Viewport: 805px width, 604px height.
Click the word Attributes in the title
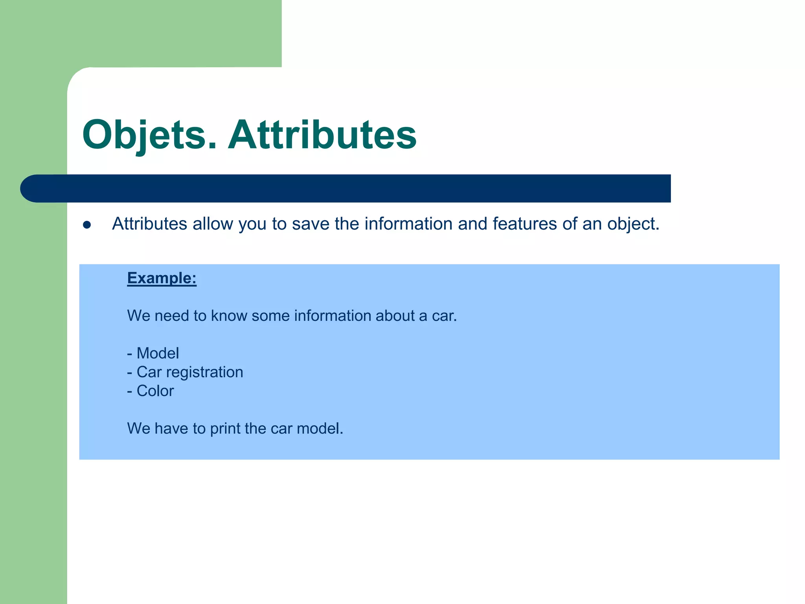click(x=322, y=135)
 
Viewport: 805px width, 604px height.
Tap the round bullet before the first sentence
click(x=87, y=225)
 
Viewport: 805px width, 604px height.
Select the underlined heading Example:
click(x=162, y=278)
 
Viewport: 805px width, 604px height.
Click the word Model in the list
click(x=158, y=353)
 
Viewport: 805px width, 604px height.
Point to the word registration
click(x=204, y=372)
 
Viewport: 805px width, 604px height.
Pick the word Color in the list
click(x=155, y=391)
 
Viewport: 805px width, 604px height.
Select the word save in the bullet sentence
click(x=311, y=224)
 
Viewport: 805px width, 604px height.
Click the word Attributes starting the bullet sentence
click(x=149, y=224)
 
